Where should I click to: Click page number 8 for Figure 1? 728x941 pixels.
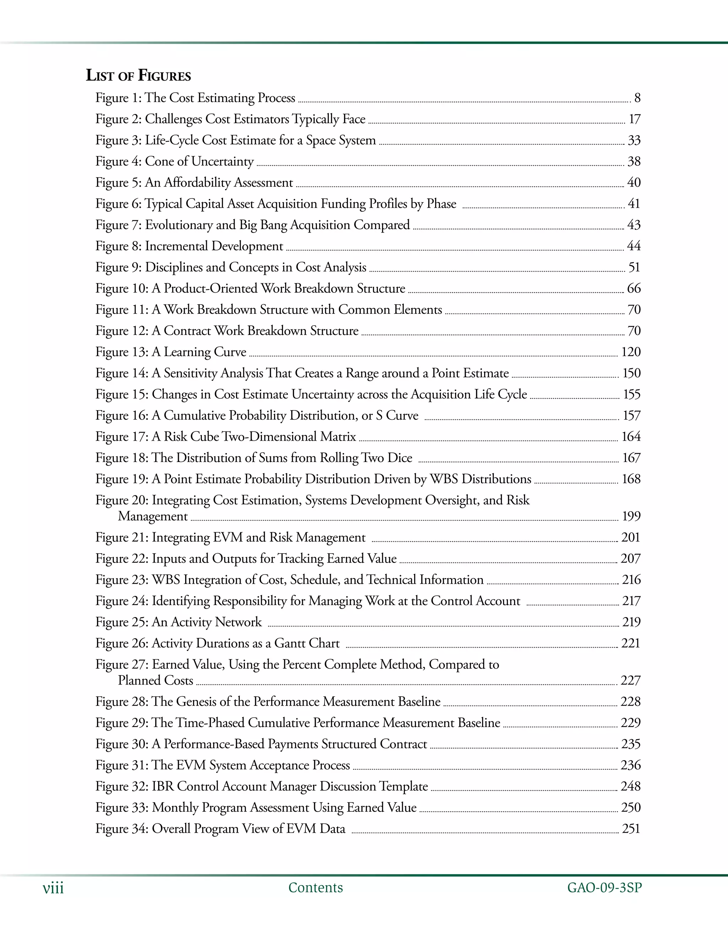(x=637, y=98)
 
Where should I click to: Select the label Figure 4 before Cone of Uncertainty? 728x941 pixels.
(x=118, y=162)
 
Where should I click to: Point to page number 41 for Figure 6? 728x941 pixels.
(x=633, y=204)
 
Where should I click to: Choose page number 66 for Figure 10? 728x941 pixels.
(x=633, y=288)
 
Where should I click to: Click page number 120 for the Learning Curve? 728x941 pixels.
(x=631, y=352)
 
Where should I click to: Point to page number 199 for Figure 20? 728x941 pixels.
(x=631, y=516)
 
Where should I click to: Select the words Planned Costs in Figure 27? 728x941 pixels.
(x=155, y=680)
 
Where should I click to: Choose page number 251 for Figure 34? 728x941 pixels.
(x=631, y=828)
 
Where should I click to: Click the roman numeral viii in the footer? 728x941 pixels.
(x=53, y=888)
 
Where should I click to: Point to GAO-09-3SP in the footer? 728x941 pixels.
(x=604, y=888)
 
